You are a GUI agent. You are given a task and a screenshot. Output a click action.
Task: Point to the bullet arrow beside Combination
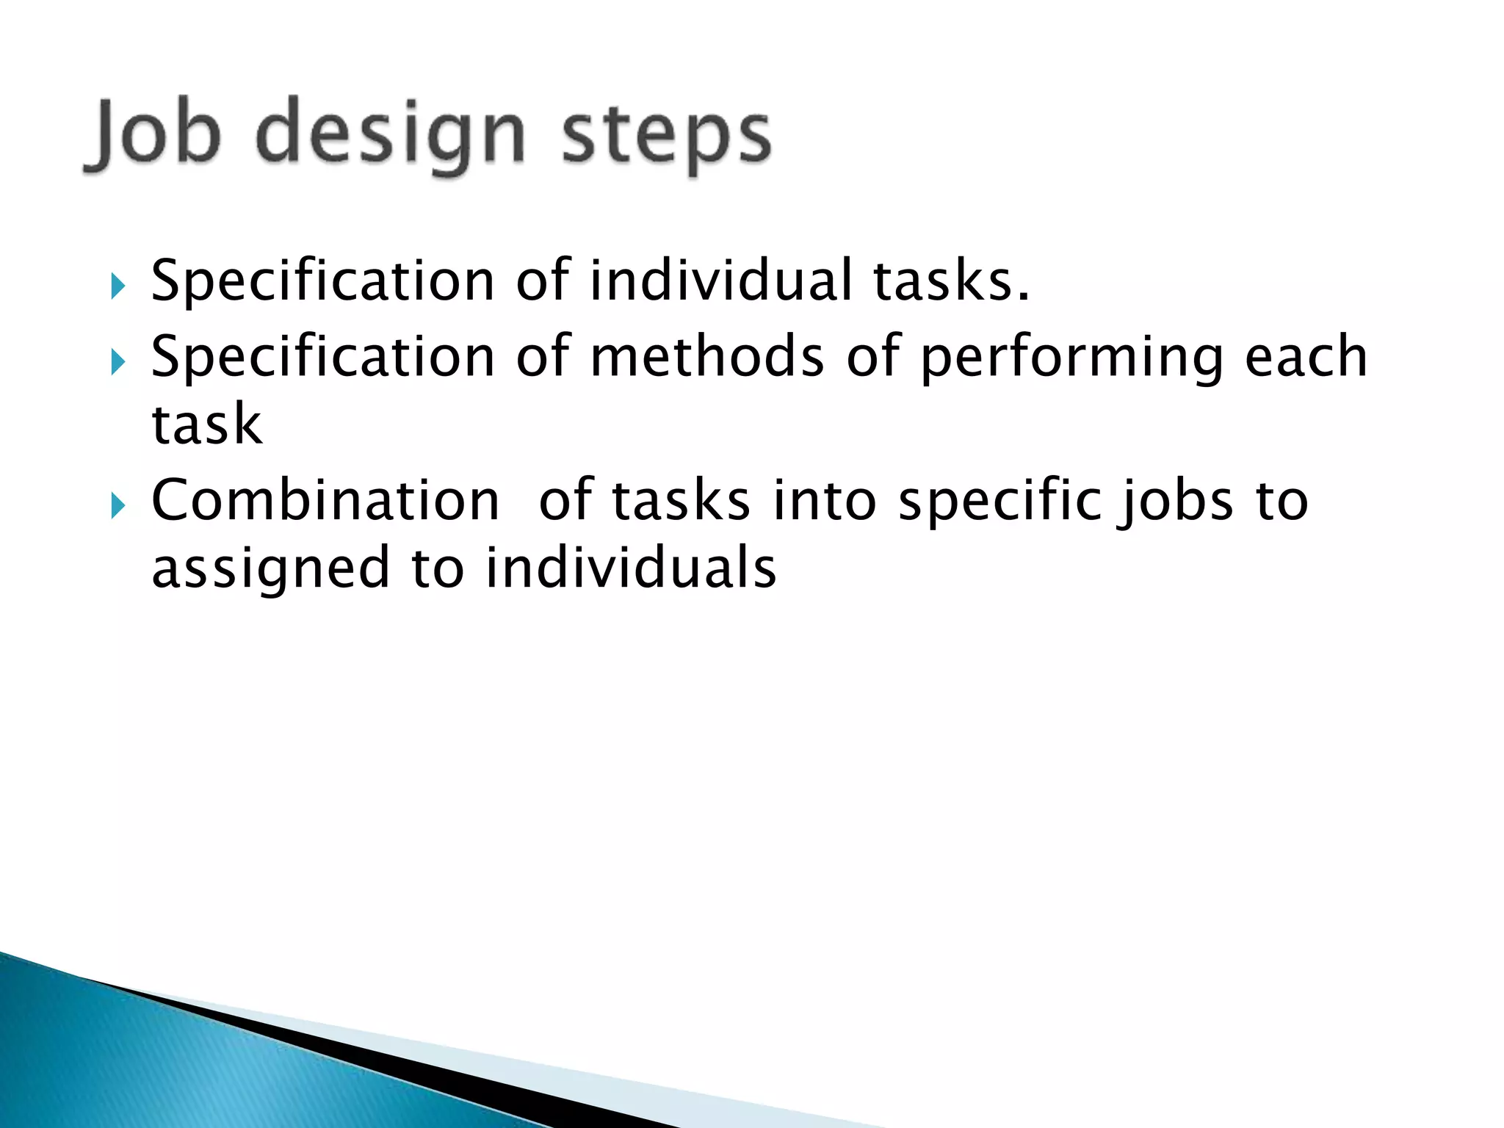117,505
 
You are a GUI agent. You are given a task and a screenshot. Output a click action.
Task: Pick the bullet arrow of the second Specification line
117,361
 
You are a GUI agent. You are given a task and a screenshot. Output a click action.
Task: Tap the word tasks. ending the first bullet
951,282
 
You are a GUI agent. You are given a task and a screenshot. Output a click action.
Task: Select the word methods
707,357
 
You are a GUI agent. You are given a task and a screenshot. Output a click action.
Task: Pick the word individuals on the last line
631,568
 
